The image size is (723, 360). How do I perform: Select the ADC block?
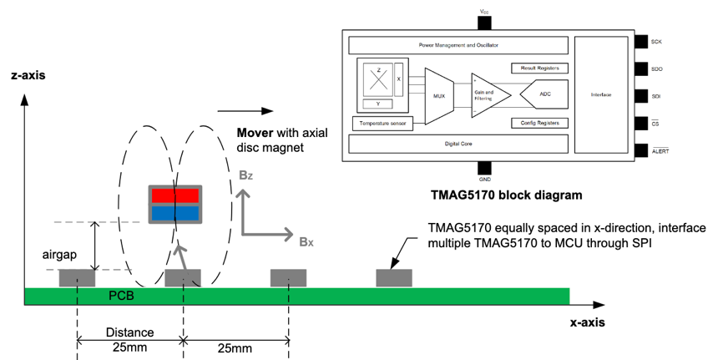click(545, 94)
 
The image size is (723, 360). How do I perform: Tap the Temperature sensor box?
click(386, 124)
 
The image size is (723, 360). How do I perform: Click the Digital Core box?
click(458, 143)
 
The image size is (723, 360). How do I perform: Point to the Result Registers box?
click(538, 67)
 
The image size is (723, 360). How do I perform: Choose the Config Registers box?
click(538, 123)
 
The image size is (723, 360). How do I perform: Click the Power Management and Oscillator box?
click(458, 43)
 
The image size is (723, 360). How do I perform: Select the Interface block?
click(600, 94)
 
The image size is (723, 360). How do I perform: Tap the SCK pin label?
click(656, 40)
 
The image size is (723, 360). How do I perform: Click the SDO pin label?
click(656, 68)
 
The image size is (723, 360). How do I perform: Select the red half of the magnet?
click(174, 195)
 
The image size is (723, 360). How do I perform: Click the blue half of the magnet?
click(174, 212)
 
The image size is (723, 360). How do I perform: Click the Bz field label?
click(245, 175)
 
